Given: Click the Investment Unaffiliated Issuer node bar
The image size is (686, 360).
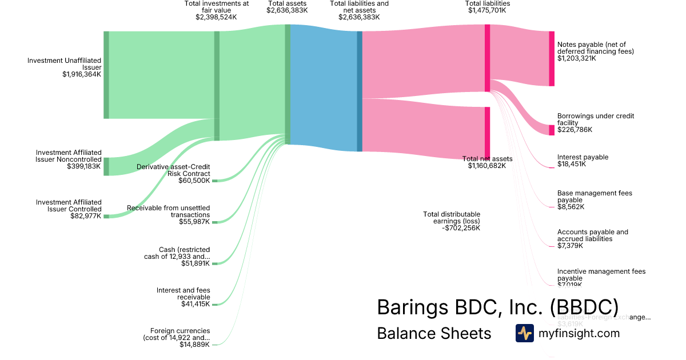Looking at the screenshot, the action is (106, 75).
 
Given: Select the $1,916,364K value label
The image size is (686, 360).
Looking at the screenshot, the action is (82, 74).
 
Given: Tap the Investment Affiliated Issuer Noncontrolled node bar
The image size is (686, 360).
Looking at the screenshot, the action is (106, 166).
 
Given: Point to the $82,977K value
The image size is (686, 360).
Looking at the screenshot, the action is (85, 216).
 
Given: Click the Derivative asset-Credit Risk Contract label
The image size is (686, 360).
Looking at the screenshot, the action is (173, 170).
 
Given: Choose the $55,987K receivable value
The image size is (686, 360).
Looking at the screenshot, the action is (194, 222).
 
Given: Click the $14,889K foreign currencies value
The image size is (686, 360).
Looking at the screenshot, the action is (194, 345).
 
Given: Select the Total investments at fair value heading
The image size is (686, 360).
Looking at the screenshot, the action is (216, 7).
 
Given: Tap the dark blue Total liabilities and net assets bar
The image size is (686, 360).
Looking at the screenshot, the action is (360, 91).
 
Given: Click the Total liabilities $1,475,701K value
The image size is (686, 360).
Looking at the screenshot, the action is (488, 10).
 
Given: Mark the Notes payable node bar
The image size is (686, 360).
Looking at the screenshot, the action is (552, 59).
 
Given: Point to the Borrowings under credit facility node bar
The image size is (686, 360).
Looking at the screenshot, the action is (552, 130).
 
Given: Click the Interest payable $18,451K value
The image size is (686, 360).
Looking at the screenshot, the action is (570, 165).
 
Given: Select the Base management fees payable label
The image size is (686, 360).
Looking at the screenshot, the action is (595, 197).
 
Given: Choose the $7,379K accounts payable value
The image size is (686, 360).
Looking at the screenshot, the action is (570, 246).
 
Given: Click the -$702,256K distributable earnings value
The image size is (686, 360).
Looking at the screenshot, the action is (461, 227).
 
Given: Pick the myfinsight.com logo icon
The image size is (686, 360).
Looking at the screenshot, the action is (524, 333).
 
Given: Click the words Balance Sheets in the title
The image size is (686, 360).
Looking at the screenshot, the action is (434, 334).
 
